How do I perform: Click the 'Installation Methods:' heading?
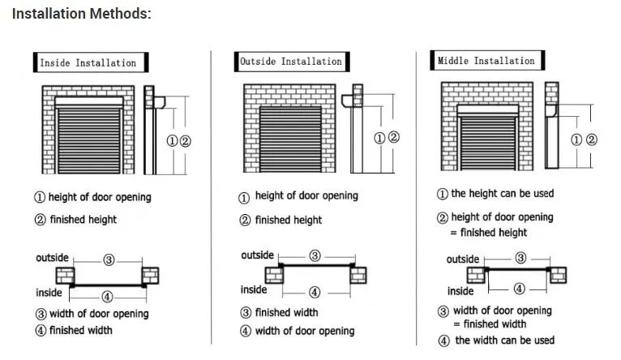pyautogui.click(x=81, y=14)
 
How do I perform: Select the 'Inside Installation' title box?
pyautogui.click(x=88, y=62)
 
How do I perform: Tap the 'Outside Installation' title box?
pyautogui.click(x=290, y=61)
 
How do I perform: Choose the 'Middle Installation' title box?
pyautogui.click(x=486, y=61)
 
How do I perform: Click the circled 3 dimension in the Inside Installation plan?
pyautogui.click(x=109, y=260)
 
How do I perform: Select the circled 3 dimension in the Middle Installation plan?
pyautogui.click(x=520, y=258)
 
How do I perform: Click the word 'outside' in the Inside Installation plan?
pyautogui.click(x=52, y=258)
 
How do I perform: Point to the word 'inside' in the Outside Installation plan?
pyautogui.click(x=254, y=289)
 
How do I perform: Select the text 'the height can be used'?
pyautogui.click(x=502, y=194)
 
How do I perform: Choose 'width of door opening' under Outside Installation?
pyautogui.click(x=304, y=331)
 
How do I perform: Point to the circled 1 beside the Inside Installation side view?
pyautogui.click(x=172, y=140)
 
